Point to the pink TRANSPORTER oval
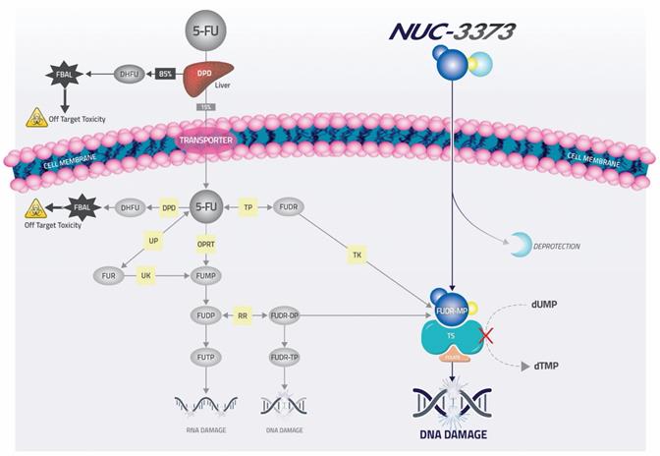pos(206,141)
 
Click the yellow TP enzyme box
pos(248,207)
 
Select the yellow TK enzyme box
pos(356,256)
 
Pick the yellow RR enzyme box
pos(243,316)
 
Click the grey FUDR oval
pos(289,207)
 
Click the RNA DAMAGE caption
pos(205,430)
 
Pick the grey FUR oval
pos(109,276)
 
